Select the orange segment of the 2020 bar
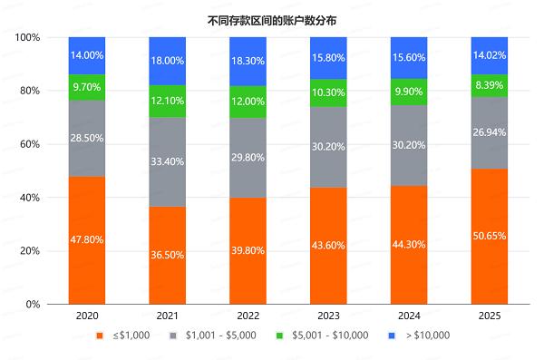pyautogui.click(x=87, y=239)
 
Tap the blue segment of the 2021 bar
pyautogui.click(x=168, y=61)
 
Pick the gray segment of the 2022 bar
pyautogui.click(x=248, y=158)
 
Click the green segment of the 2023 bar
pyautogui.click(x=329, y=93)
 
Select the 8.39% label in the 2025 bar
pyautogui.click(x=491, y=85)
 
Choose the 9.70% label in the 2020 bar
pyautogui.click(x=87, y=87)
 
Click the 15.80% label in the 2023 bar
pyautogui.click(x=329, y=56)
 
